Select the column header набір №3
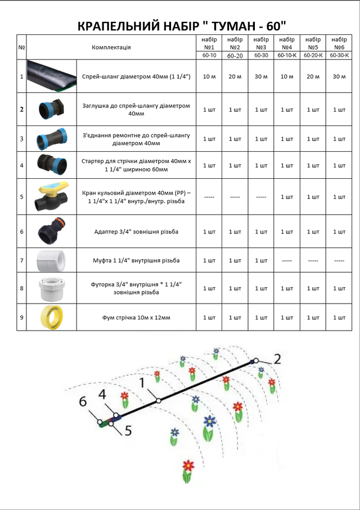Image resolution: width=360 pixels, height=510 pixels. [x=261, y=43]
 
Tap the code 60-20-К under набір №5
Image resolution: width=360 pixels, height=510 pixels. [x=313, y=55]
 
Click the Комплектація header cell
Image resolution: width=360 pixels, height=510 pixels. [x=111, y=47]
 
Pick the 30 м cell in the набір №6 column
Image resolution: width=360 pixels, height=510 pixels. [x=339, y=77]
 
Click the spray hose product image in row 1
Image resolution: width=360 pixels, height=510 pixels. [x=52, y=76]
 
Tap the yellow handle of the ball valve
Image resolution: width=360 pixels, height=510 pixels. [x=54, y=188]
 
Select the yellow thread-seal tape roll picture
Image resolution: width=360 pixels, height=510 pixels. [x=52, y=317]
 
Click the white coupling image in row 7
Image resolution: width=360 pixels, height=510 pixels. [x=51, y=260]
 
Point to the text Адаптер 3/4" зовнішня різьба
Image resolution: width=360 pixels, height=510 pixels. [x=136, y=232]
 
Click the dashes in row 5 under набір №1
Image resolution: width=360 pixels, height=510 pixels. [x=209, y=197]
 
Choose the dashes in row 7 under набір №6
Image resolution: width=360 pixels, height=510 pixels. [x=339, y=260]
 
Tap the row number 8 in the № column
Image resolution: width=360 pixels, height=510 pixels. [x=22, y=288]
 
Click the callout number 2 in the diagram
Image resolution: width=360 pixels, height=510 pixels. [x=277, y=359]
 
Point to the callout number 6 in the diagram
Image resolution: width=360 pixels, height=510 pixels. [x=83, y=401]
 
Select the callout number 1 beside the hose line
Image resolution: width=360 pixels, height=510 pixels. [x=142, y=382]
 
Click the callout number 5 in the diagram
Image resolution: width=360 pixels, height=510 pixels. [x=128, y=431]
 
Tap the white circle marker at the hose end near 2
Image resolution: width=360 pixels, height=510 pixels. [x=256, y=360]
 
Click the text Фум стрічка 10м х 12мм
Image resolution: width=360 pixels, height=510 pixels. [x=136, y=318]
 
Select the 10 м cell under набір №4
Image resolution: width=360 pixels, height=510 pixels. [x=287, y=77]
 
